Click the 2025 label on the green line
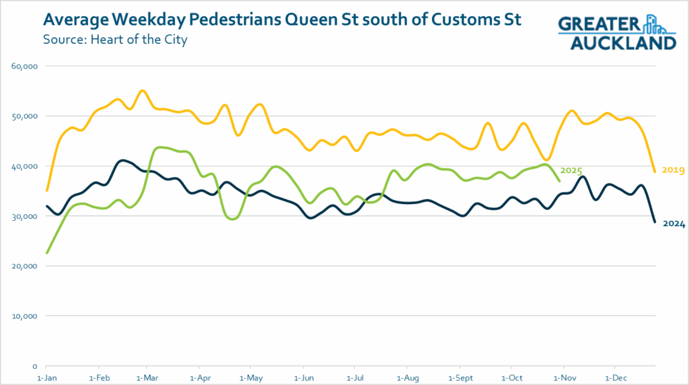click(x=571, y=171)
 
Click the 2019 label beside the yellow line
click(x=673, y=170)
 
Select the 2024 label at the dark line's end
click(x=673, y=224)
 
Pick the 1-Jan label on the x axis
click(x=46, y=378)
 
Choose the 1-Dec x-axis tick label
click(x=614, y=378)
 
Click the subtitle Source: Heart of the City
click(x=114, y=39)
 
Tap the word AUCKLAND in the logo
click(x=622, y=42)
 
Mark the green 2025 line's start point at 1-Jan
click(x=46, y=253)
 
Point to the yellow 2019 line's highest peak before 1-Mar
click(x=142, y=90)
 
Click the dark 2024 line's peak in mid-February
click(x=122, y=160)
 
